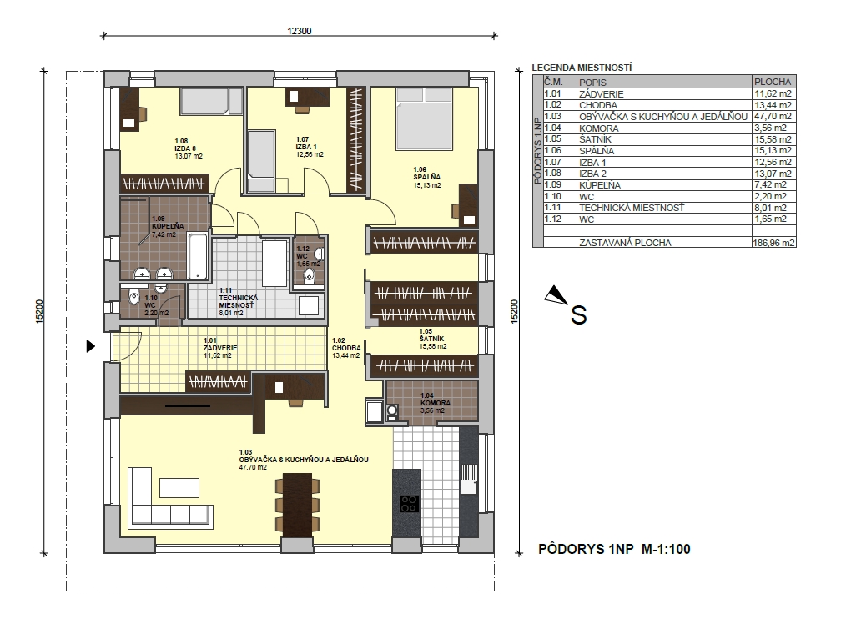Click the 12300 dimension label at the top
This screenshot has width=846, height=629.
coord(299,31)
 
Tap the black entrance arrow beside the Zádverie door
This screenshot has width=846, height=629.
coord(91,346)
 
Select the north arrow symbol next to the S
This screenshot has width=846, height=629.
coord(556,295)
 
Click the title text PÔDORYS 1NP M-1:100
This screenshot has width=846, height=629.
coord(614,549)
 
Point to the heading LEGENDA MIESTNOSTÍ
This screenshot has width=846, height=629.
coord(582,68)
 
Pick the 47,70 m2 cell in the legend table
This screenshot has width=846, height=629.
coord(773,116)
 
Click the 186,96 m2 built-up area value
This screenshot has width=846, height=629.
coord(773,243)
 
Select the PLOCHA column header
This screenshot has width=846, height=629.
coord(773,82)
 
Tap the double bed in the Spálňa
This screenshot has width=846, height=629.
coord(424,118)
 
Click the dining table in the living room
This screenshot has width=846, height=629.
coord(297,505)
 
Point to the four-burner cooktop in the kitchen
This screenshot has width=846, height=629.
coord(410,504)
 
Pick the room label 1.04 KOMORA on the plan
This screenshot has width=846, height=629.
coord(436,403)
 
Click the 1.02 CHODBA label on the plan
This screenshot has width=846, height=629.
coord(346,348)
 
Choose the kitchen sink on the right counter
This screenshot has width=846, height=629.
coord(469,479)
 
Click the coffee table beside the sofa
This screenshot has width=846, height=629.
coord(179,488)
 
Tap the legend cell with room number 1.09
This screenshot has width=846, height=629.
coord(553,184)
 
